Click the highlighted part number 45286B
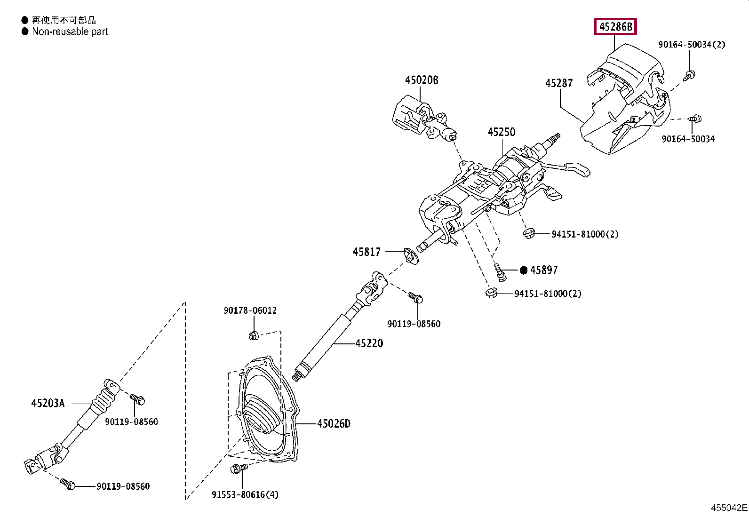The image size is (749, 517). [x=615, y=26]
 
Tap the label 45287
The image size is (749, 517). [x=559, y=83]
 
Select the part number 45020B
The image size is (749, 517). [x=422, y=80]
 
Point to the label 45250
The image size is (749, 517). [x=501, y=132]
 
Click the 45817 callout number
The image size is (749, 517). [x=367, y=252]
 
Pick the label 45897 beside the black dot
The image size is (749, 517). [x=544, y=270]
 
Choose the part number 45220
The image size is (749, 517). [x=369, y=343]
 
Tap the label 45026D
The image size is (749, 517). [x=334, y=424]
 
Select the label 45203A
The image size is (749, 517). [x=48, y=403]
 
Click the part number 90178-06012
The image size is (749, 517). [x=250, y=310]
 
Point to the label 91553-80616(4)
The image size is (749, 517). [x=245, y=494]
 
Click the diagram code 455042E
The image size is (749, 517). [x=729, y=508]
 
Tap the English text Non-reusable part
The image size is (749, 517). [x=70, y=32]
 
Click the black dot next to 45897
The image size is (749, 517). [x=524, y=270]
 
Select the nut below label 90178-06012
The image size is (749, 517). [x=254, y=335]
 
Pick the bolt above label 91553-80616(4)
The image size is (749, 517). [x=239, y=468]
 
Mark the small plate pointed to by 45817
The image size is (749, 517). [x=411, y=256]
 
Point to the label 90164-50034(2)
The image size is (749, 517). [x=692, y=45]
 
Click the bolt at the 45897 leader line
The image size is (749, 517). [x=500, y=272]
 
